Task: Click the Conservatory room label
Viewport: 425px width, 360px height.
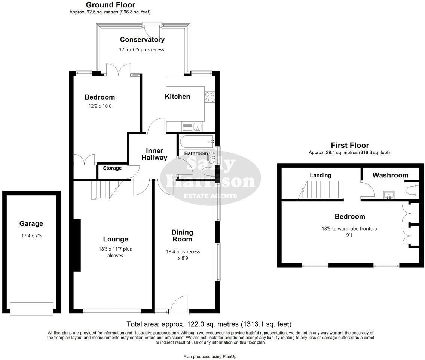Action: pyautogui.click(x=142, y=40)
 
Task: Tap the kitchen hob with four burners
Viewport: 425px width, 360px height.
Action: pyautogui.click(x=210, y=97)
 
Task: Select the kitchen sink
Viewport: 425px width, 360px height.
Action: pyautogui.click(x=197, y=127)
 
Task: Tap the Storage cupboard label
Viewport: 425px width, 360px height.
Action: pyautogui.click(x=112, y=168)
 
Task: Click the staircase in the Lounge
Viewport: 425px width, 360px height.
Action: pyautogui.click(x=104, y=189)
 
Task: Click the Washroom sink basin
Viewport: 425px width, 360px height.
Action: pyautogui.click(x=389, y=194)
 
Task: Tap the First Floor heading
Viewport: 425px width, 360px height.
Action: pyautogui.click(x=349, y=146)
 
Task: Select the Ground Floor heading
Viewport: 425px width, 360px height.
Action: pyautogui.click(x=110, y=5)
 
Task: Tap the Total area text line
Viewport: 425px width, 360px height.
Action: pyautogui.click(x=209, y=324)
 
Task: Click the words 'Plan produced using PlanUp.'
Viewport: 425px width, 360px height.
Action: pyautogui.click(x=210, y=356)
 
